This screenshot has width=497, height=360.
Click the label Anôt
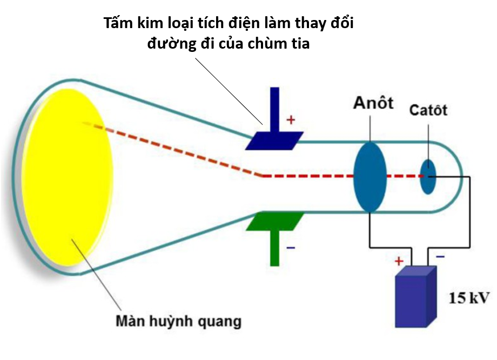pyautogui.click(x=373, y=103)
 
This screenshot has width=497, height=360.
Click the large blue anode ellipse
pyautogui.click(x=370, y=176)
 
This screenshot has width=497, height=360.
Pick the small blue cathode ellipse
pyautogui.click(x=428, y=176)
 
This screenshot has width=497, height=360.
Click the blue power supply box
pyautogui.click(x=415, y=297)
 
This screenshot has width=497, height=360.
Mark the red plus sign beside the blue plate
pyautogui.click(x=291, y=120)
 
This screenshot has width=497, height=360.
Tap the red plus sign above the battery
pyautogui.click(x=399, y=262)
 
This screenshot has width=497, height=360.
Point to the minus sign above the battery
pyautogui.click(x=440, y=257)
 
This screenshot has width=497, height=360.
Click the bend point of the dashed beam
pyautogui.click(x=263, y=176)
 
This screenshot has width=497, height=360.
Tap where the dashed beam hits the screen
pyautogui.click(x=84, y=123)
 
